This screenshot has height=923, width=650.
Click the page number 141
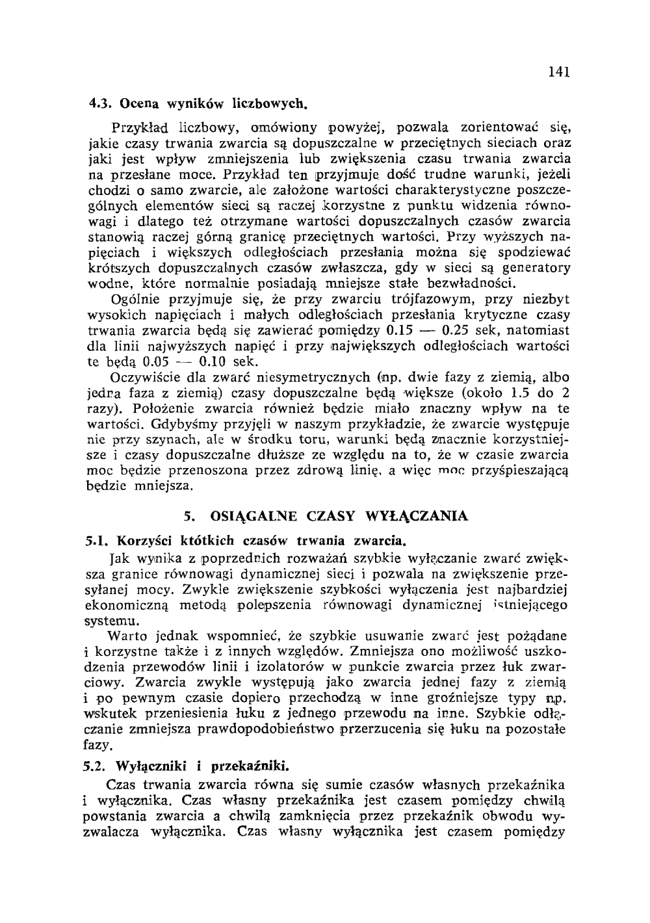(558, 73)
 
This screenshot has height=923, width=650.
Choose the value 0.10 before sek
(212, 361)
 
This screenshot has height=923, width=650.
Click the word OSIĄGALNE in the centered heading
(254, 517)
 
